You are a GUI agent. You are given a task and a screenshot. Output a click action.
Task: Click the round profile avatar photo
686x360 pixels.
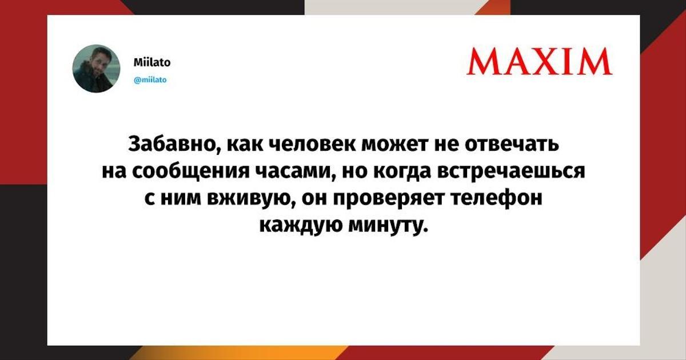[96, 69]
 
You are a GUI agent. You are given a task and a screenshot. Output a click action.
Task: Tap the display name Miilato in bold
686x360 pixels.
[152, 62]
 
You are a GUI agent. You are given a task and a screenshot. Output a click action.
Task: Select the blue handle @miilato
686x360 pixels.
[150, 80]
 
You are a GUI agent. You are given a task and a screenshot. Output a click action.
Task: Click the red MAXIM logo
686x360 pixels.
[539, 61]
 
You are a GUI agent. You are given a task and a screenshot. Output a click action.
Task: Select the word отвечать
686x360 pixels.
[512, 144]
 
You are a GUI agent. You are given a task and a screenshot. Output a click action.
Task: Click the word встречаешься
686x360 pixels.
[511, 171]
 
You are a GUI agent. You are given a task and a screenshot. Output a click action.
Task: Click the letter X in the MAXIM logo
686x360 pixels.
[544, 61]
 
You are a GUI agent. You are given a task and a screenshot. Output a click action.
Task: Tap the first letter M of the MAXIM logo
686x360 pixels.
[482, 61]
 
